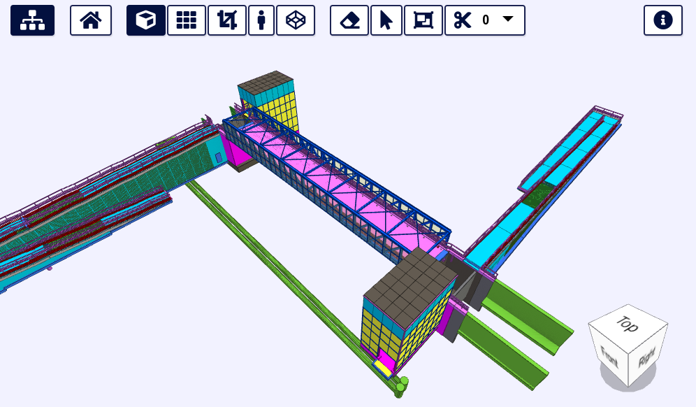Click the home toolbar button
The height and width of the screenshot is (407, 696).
[91, 20]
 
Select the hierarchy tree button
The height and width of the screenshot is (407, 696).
[32, 20]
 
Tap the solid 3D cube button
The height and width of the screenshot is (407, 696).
[146, 20]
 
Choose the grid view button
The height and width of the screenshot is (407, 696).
[187, 20]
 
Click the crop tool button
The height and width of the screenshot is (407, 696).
[227, 20]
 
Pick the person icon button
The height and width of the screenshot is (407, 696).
[261, 20]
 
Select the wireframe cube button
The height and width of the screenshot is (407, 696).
[296, 20]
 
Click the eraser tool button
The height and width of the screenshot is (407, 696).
[349, 20]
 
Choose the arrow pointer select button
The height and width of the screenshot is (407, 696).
[386, 20]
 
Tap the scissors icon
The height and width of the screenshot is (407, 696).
[463, 20]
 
